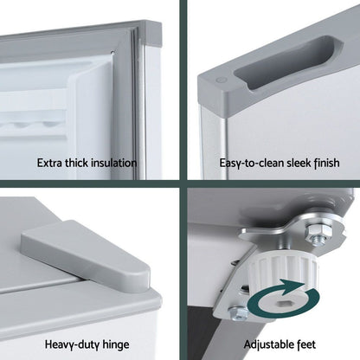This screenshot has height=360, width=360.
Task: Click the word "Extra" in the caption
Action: pyautogui.click(x=49, y=163)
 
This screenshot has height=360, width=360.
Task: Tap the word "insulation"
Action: pyautogui.click(x=114, y=163)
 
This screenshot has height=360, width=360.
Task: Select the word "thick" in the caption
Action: pyautogui.click(x=76, y=163)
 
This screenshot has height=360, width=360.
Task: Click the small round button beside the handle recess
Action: pyautogui.click(x=221, y=81)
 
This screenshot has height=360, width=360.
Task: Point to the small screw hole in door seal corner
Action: pyautogui.click(x=113, y=53)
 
